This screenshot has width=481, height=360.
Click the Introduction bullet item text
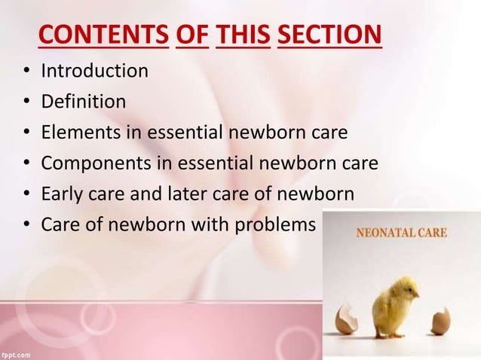point(94,72)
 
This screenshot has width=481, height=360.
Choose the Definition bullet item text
point(84,102)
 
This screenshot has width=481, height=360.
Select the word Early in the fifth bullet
point(62,194)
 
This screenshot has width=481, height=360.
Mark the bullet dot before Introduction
point(26,73)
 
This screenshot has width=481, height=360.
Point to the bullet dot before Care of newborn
point(26,226)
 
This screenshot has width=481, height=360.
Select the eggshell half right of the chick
point(440,321)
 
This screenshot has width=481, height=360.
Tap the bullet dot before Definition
point(26,104)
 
